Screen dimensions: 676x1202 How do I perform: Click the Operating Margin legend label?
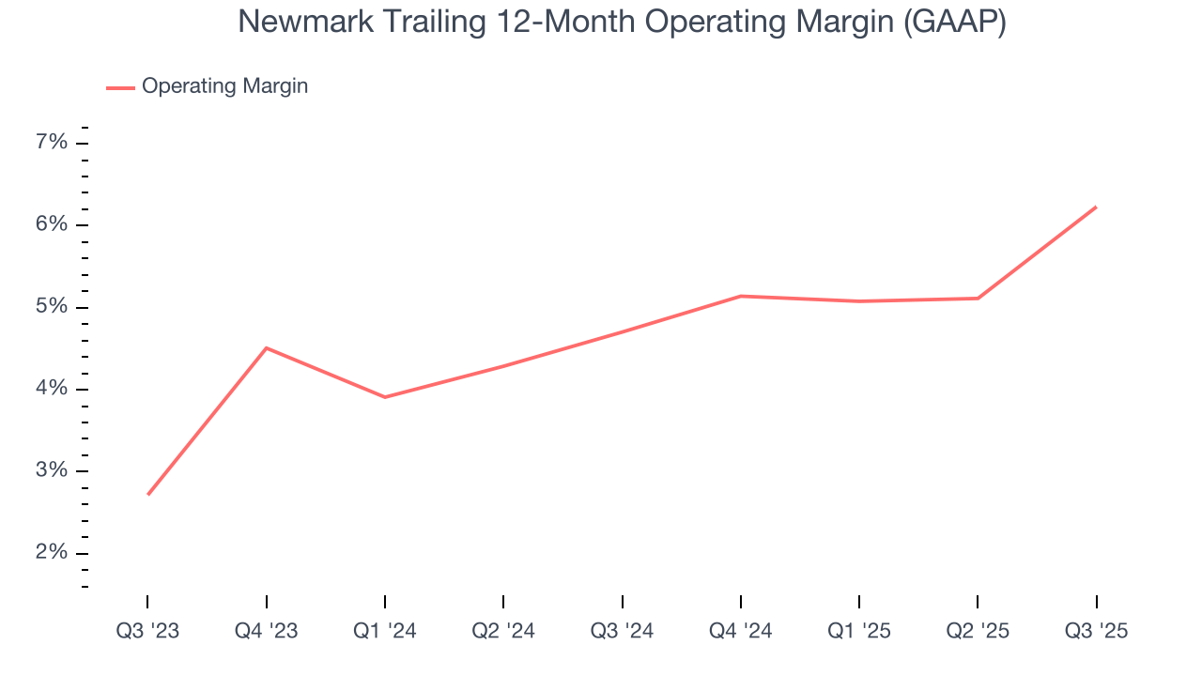224,86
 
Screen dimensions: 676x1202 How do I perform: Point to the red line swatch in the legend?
120,87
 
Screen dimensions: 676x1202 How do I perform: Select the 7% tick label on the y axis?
52,143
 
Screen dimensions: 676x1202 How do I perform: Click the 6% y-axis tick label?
52,224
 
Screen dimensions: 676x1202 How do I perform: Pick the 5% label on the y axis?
52,307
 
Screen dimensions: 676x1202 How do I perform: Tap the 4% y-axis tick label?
52,389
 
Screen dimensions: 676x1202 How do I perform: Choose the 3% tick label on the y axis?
52,470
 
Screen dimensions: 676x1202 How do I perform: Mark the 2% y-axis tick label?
52,552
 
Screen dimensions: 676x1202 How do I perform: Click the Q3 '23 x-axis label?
147,632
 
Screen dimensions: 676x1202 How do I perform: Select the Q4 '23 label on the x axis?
266,632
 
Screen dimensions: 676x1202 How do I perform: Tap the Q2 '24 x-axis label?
503,632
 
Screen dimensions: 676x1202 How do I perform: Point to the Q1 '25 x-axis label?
859,632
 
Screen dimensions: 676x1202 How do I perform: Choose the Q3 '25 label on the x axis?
1096,632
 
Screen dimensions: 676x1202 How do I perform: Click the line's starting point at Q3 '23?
148,494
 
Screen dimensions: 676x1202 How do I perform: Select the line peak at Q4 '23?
267,348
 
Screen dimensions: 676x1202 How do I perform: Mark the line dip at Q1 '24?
385,397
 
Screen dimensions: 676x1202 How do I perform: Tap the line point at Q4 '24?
741,296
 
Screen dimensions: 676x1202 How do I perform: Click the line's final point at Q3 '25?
1096,207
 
